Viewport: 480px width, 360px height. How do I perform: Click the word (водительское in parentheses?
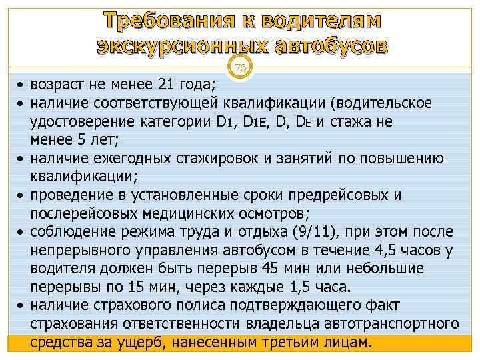[x=385, y=103]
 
